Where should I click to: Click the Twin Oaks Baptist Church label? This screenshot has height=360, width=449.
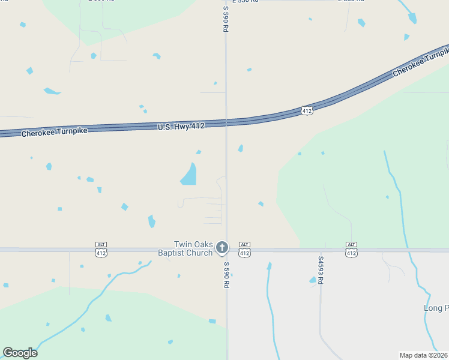click(193, 248)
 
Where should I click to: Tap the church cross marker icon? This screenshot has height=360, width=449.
click(222, 247)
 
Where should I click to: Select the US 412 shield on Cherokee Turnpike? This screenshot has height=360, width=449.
click(307, 110)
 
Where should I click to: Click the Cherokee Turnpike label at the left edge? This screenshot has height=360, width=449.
click(46, 131)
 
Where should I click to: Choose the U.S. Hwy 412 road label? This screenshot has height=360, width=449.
click(181, 126)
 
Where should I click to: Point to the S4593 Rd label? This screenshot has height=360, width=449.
click(321, 271)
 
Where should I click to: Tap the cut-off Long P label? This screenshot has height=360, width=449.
click(436, 308)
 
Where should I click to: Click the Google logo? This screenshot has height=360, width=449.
click(20, 353)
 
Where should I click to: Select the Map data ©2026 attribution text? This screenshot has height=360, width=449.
click(424, 355)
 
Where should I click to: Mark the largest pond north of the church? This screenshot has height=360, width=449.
click(189, 175)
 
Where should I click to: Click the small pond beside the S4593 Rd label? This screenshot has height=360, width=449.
click(312, 280)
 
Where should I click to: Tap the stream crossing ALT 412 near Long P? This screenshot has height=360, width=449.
click(408, 248)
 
